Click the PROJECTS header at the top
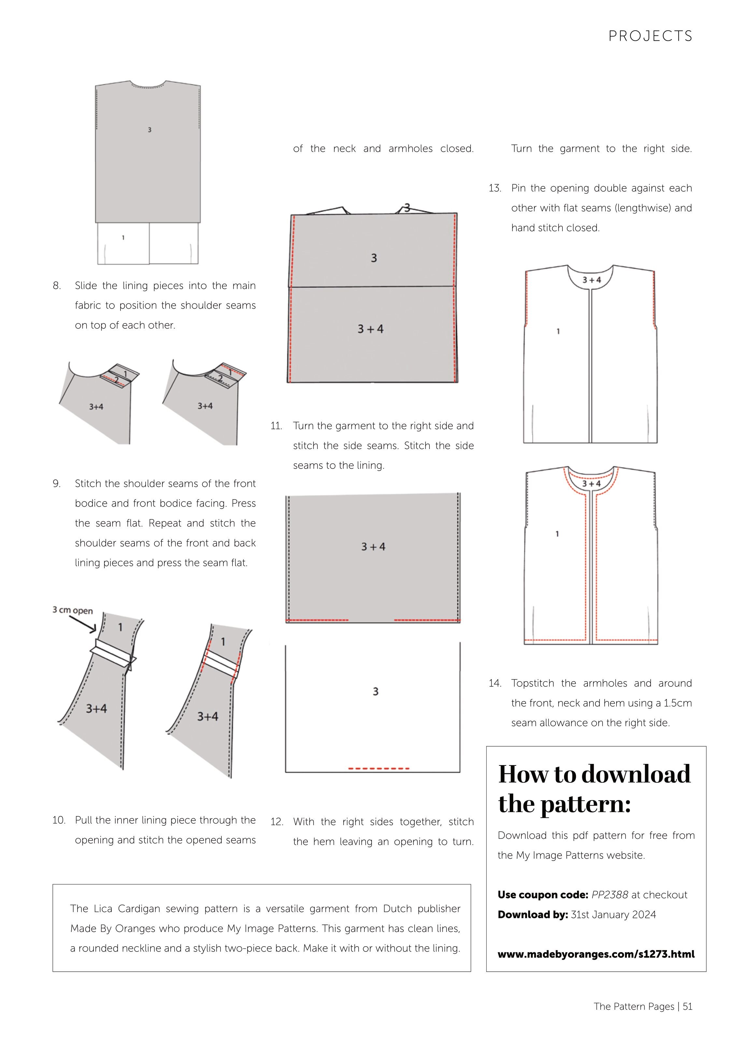click(650, 36)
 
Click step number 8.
click(57, 286)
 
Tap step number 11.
click(276, 426)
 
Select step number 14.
click(495, 683)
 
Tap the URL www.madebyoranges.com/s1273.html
click(596, 954)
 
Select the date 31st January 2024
click(613, 914)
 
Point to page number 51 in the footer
click(687, 1006)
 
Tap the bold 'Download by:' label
click(533, 914)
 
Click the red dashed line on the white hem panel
click(378, 769)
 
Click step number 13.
click(495, 188)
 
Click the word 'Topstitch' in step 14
click(532, 683)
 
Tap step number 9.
click(57, 483)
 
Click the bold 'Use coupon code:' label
click(543, 895)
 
